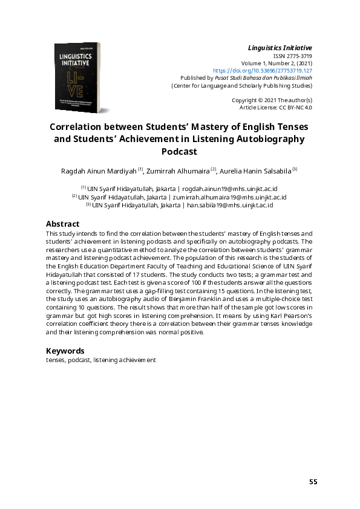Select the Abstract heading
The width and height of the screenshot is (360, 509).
pyautogui.click(x=63, y=223)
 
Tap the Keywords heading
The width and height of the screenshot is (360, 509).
pyautogui.click(x=65, y=351)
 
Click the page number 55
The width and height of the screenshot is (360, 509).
pyautogui.click(x=313, y=482)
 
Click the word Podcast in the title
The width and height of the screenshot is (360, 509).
pyautogui.click(x=180, y=152)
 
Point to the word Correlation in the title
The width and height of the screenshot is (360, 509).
pyautogui.click(x=76, y=128)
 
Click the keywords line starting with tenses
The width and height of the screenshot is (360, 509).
pyautogui.click(x=101, y=360)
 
